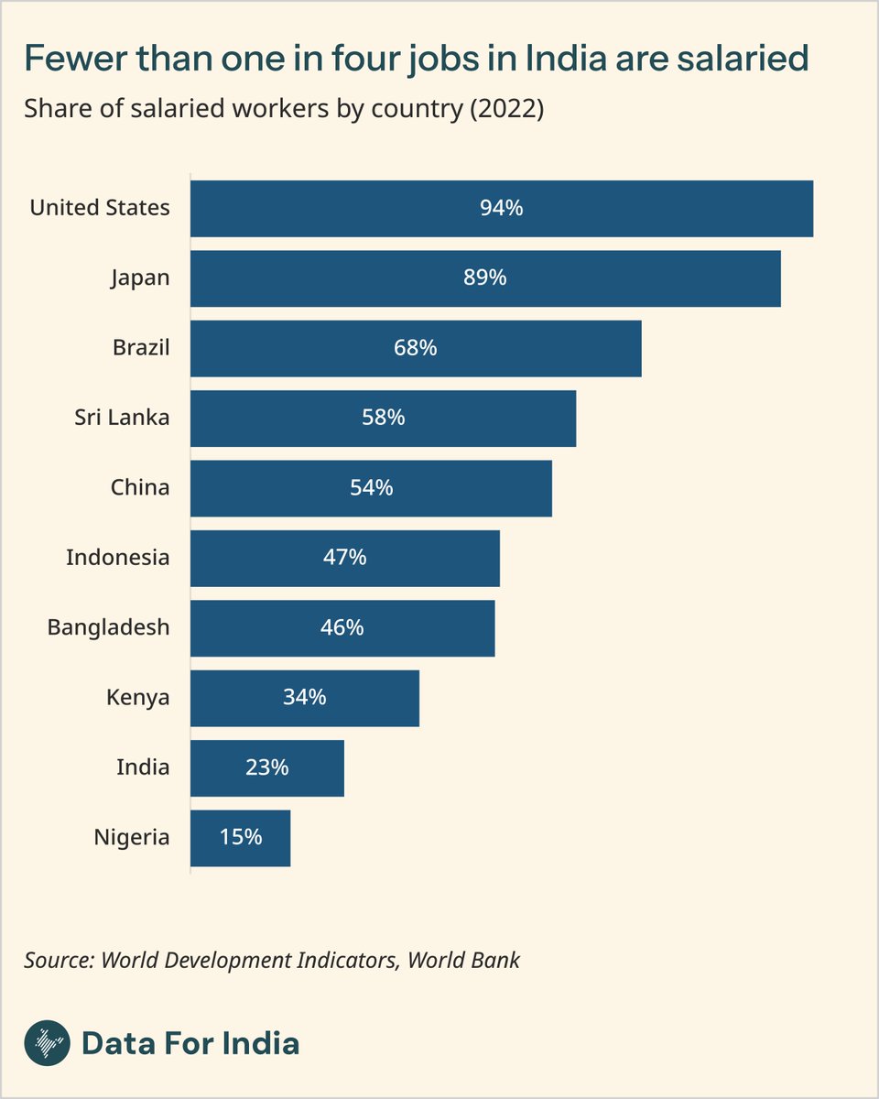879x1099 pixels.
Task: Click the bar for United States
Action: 502,209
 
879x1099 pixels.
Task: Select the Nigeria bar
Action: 240,838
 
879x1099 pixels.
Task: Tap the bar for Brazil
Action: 416,349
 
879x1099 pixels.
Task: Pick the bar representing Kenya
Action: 305,698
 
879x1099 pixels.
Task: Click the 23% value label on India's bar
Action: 266,767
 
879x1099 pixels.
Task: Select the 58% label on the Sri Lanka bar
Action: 383,419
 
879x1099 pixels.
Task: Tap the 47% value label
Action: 344,558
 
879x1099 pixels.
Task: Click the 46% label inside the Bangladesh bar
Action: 342,627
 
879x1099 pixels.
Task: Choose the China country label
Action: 140,487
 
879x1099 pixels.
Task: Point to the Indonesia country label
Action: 117,557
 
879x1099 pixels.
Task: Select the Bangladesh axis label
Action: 108,627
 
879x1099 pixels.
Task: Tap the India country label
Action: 143,767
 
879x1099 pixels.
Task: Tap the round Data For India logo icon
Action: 46,1043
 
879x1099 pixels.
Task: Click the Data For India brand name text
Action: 190,1043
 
